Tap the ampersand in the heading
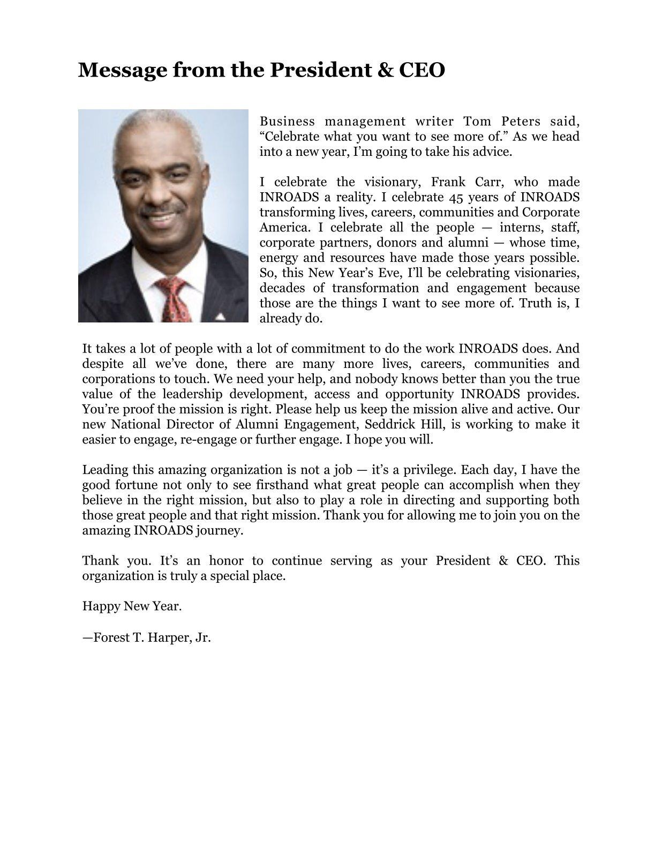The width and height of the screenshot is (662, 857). tap(384, 70)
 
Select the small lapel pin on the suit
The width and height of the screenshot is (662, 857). tap(220, 317)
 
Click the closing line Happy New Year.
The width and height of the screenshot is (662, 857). tap(132, 606)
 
